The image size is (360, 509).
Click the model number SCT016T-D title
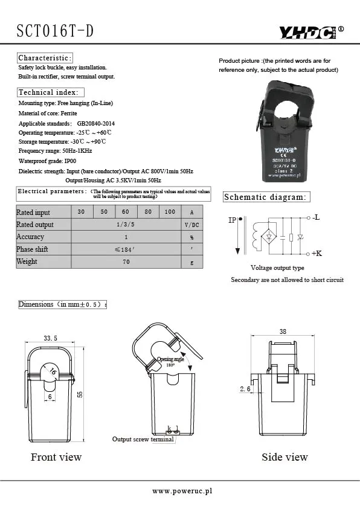[x=55, y=31]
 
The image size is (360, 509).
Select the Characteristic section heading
[x=45, y=58]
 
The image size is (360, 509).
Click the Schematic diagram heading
[x=265, y=197]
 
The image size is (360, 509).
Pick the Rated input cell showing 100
[x=170, y=212]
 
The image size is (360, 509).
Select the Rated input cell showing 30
[x=82, y=212]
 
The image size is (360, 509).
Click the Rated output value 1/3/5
[x=126, y=225]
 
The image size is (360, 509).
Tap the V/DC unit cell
[x=191, y=225]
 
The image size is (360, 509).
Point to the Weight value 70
[x=126, y=262]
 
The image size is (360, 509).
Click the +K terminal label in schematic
[x=317, y=254]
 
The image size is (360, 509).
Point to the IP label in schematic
[x=233, y=220]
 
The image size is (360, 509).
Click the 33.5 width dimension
[x=51, y=338]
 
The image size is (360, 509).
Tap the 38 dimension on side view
[x=283, y=331]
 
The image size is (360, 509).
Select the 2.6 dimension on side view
[x=245, y=389]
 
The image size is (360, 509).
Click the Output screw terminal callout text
[x=143, y=439]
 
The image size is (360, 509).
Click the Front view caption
[x=56, y=457]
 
